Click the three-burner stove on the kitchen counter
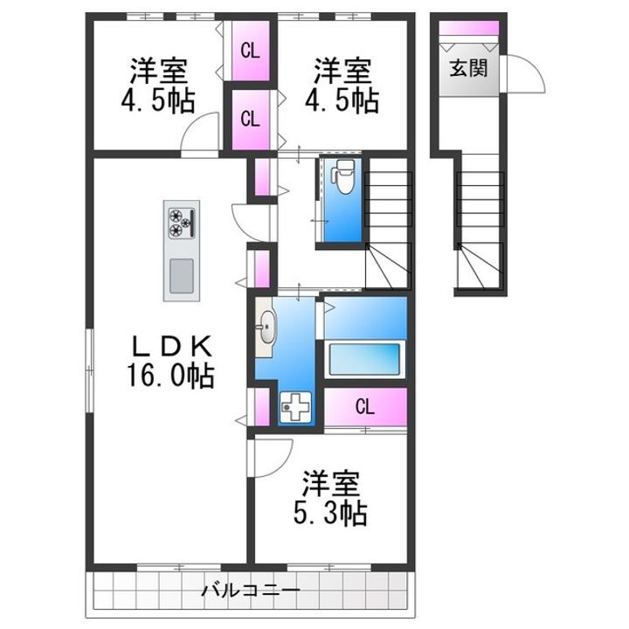pos(181,223)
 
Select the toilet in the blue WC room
pos(343,179)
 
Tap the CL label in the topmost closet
pos(250,50)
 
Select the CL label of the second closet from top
pos(250,119)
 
